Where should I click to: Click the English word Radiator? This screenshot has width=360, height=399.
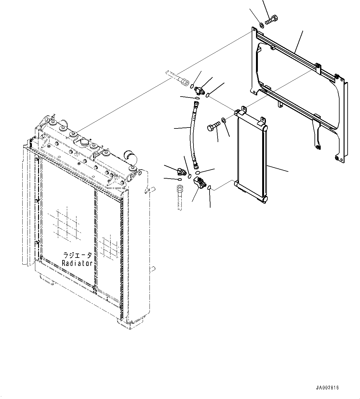coord(77,263)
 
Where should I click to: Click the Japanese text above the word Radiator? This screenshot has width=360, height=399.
coord(77,255)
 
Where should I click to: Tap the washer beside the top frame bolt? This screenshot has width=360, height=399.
coord(261,24)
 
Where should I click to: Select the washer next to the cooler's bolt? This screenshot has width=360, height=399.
coord(223,120)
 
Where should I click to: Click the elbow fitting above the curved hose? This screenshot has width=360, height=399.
coord(199,90)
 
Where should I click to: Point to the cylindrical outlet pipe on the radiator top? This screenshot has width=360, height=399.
coord(129,155)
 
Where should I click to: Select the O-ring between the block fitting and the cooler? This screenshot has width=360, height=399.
coord(209,187)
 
